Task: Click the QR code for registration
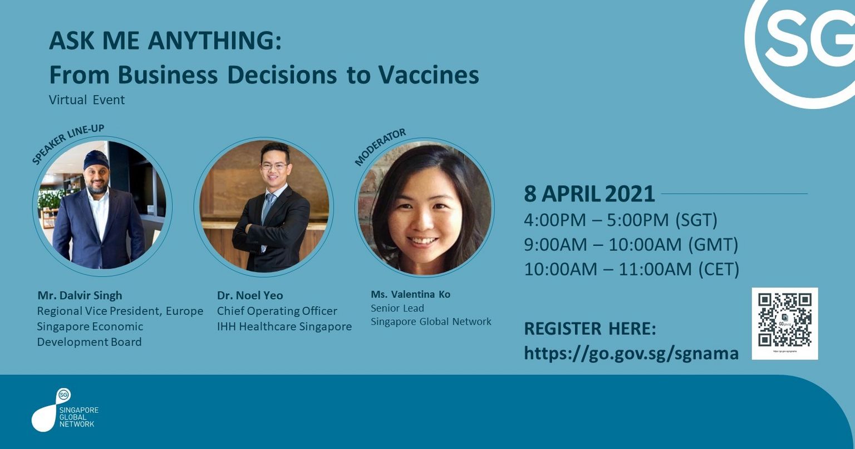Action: point(785,323)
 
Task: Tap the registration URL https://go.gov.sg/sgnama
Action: point(631,353)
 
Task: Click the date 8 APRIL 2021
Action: point(589,194)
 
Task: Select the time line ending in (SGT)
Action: point(621,220)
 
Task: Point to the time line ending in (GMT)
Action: point(631,244)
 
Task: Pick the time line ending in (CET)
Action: point(632,269)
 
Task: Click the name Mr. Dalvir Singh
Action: point(80,295)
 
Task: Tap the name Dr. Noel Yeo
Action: point(250,295)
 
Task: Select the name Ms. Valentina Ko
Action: point(410,294)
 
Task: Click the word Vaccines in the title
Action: point(429,75)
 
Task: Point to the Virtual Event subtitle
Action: point(87,100)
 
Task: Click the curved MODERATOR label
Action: point(380,147)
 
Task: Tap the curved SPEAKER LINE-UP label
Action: point(67,144)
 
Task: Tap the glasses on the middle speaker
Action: point(274,166)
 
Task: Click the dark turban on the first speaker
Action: point(96,160)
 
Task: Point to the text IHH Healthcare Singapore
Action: point(284,327)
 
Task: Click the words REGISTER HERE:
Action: point(590,329)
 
